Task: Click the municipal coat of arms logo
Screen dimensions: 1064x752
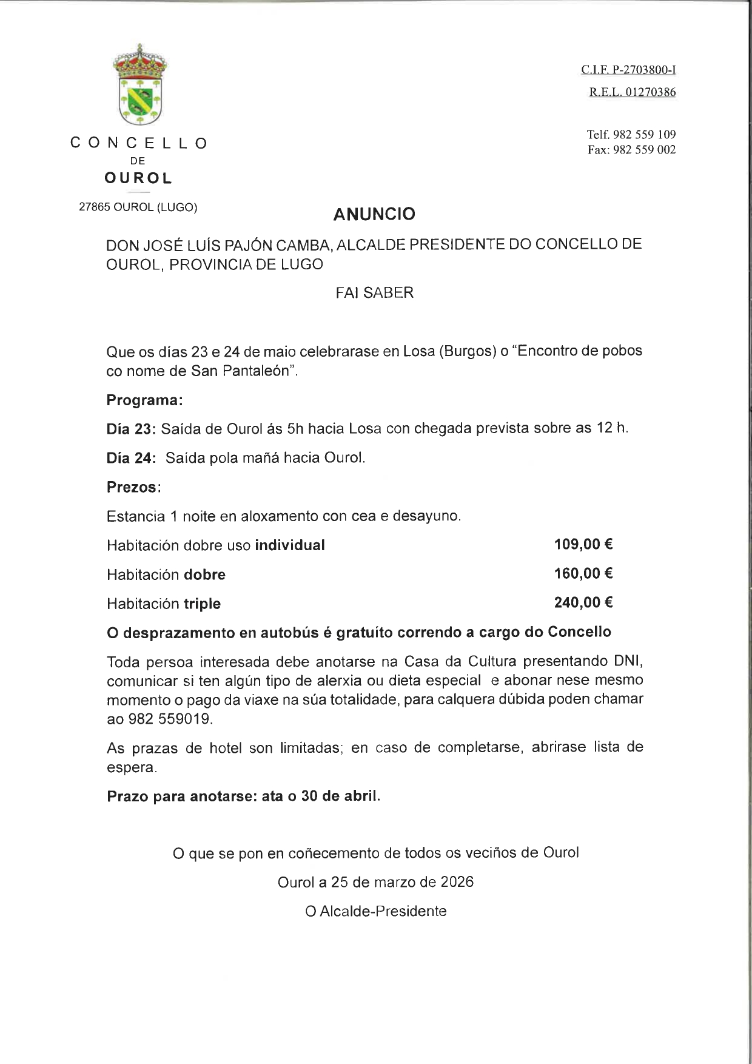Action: pyautogui.click(x=141, y=85)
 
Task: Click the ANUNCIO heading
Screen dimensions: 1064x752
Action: pyautogui.click(x=374, y=214)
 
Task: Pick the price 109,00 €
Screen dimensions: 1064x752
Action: pyautogui.click(x=583, y=544)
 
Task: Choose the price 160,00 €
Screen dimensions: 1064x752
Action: pyautogui.click(x=583, y=573)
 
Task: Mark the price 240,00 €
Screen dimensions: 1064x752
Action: pyautogui.click(x=583, y=602)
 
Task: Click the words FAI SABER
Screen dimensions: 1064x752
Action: pyautogui.click(x=374, y=293)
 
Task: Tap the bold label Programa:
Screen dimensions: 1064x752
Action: pyautogui.click(x=144, y=400)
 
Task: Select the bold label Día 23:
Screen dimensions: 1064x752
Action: pyautogui.click(x=132, y=428)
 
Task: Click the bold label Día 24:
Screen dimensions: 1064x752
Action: pyautogui.click(x=132, y=457)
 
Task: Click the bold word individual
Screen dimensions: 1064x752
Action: pyautogui.click(x=290, y=545)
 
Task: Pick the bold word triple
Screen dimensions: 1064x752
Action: pyautogui.click(x=202, y=604)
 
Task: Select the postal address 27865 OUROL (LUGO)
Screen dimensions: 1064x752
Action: pyautogui.click(x=138, y=207)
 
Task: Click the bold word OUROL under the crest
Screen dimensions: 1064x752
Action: pyautogui.click(x=138, y=178)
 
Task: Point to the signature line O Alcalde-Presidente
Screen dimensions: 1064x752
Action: pyautogui.click(x=376, y=911)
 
